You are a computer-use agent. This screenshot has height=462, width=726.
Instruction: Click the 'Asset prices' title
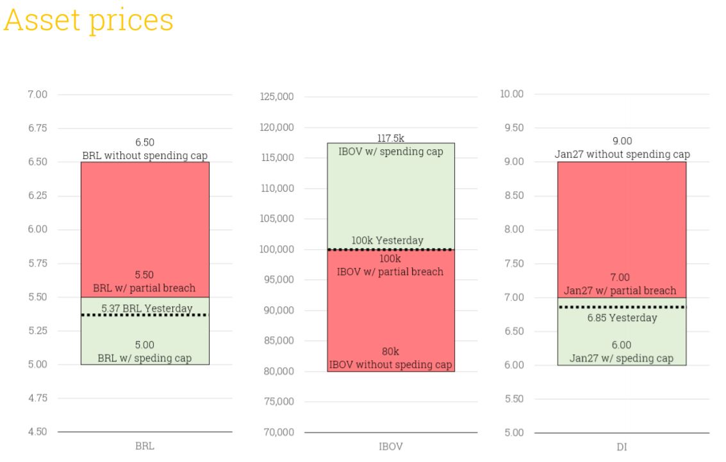(x=88, y=21)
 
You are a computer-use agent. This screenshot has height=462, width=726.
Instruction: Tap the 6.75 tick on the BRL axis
(x=38, y=128)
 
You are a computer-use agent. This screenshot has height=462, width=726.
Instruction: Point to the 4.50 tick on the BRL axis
(x=38, y=432)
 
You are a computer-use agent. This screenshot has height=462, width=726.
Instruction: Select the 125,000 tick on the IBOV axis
(x=277, y=97)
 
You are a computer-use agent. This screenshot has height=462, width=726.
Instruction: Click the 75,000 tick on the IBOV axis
(x=279, y=402)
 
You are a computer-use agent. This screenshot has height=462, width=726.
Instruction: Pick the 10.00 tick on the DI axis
(x=511, y=94)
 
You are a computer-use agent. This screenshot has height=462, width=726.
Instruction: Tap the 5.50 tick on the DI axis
(x=514, y=399)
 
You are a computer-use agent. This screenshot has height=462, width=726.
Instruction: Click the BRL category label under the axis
(x=145, y=446)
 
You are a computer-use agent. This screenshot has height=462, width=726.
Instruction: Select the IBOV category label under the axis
(x=391, y=447)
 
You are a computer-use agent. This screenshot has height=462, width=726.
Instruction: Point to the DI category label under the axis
(x=622, y=447)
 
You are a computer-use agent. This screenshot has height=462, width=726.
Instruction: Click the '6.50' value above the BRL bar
(x=145, y=143)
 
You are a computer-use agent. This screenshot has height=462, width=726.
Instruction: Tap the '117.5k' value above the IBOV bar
(x=391, y=138)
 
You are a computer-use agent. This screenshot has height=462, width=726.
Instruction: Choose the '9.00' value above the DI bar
(x=622, y=141)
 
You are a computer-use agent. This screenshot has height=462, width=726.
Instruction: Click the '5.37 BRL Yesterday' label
(x=147, y=308)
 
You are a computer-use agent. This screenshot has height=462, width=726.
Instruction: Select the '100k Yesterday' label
(x=388, y=241)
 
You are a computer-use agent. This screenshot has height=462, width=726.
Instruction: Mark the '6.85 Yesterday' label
(x=622, y=318)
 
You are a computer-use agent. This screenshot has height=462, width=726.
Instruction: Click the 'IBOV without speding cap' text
(x=391, y=365)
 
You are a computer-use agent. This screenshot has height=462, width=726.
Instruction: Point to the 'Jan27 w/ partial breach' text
(x=620, y=291)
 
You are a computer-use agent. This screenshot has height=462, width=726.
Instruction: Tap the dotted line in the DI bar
(x=622, y=307)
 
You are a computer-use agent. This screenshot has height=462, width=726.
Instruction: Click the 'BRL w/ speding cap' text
(x=144, y=358)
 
